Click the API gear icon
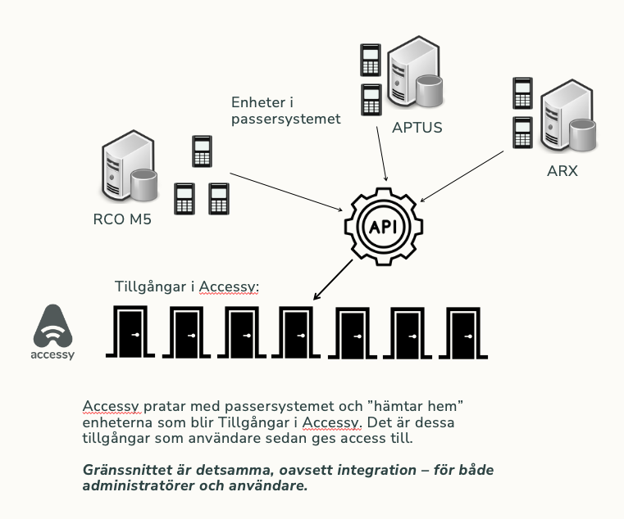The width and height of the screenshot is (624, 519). coord(385,225)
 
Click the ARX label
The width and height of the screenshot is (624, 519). coord(562,171)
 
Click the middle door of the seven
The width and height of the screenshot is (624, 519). coord(298,332)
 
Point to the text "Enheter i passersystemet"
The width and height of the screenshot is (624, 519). coord(285,111)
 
